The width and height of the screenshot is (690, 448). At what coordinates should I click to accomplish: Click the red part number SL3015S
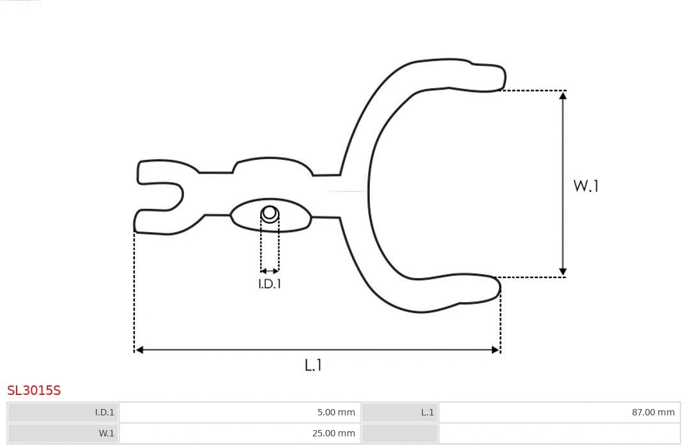click(x=34, y=390)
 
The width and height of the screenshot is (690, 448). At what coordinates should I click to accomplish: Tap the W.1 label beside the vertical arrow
click(x=585, y=186)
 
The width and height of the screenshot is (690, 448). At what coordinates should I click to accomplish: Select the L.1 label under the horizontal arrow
click(x=313, y=365)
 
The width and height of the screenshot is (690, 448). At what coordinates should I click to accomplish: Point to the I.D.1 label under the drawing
click(x=269, y=284)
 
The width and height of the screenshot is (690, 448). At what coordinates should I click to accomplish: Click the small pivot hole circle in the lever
click(x=270, y=213)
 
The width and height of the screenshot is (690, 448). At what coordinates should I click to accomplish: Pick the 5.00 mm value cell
click(x=240, y=412)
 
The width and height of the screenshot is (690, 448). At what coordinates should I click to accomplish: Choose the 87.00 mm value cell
click(x=559, y=412)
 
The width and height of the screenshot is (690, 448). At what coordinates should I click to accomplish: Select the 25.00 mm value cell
click(x=240, y=433)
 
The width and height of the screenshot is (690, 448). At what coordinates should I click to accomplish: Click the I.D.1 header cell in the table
click(x=63, y=412)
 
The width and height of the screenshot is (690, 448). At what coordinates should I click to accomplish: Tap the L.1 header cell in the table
click(x=400, y=412)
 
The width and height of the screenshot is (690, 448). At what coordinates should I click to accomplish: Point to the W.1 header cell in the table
click(x=63, y=433)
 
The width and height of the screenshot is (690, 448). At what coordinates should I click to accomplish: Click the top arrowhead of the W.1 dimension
click(x=563, y=95)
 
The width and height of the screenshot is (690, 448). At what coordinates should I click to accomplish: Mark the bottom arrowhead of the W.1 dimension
click(x=563, y=272)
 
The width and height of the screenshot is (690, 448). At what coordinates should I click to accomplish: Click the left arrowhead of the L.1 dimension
click(x=139, y=350)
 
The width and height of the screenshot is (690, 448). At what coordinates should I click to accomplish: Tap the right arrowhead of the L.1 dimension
click(x=495, y=350)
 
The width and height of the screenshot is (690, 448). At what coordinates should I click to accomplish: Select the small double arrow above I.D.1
click(x=270, y=271)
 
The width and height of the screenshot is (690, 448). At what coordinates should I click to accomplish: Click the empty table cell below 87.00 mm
click(x=559, y=433)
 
